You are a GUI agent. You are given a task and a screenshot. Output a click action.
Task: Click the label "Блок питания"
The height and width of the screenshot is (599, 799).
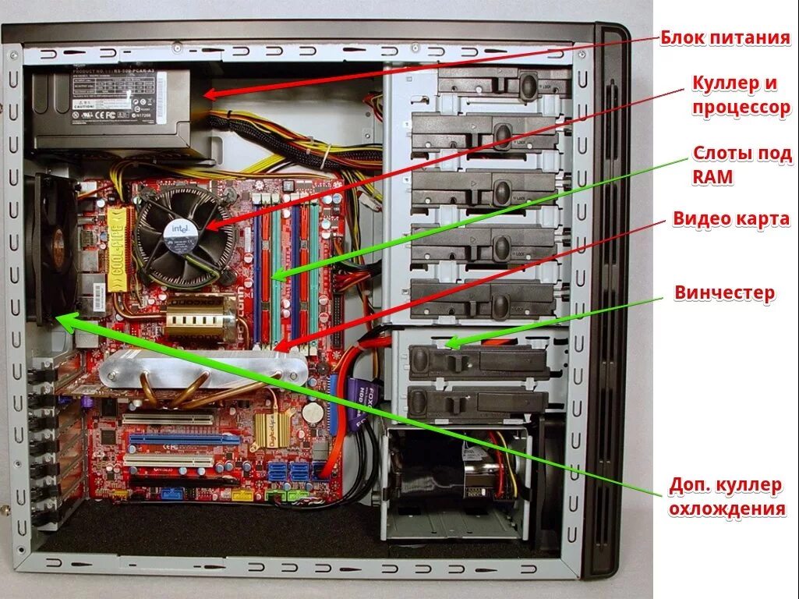coord(725,37)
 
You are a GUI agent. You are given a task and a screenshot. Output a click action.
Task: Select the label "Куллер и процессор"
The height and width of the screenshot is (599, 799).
coord(741,94)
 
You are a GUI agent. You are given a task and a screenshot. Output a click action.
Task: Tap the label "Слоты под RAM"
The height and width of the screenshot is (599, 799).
coord(741,165)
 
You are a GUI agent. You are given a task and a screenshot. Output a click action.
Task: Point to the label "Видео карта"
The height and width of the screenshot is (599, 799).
coord(731,219)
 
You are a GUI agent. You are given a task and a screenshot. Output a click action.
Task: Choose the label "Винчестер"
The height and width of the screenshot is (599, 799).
coord(724,293)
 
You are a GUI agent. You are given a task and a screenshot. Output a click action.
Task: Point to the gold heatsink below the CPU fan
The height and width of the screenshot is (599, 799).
coord(195,321)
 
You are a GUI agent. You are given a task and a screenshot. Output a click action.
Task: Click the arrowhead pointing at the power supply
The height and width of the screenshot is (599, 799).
coord(210,94)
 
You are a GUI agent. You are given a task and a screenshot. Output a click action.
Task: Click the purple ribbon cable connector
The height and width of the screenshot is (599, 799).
coord(362,402)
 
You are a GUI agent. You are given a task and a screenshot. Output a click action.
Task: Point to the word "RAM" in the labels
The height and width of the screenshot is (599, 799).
coord(712,177)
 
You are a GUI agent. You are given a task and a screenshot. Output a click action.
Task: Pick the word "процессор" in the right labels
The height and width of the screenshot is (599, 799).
coord(741,108)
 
